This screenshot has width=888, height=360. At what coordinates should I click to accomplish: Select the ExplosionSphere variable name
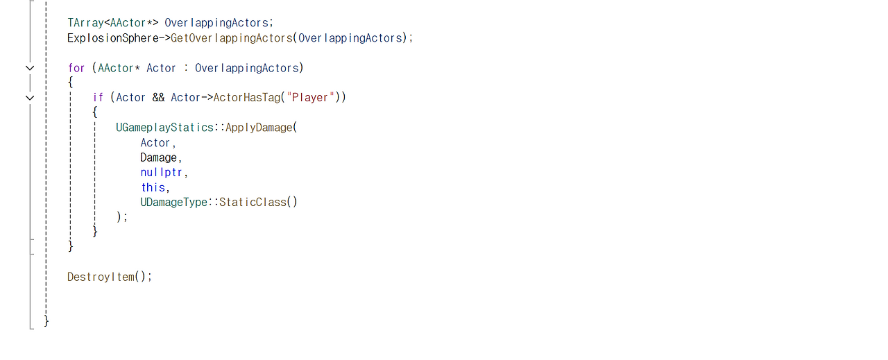[x=113, y=38]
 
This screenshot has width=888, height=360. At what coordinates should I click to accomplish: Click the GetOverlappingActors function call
[x=232, y=38]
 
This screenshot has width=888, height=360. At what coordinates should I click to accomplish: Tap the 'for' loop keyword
[x=76, y=68]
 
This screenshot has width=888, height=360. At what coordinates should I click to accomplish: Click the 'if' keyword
[x=98, y=98]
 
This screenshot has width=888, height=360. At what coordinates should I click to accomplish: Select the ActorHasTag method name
[x=246, y=98]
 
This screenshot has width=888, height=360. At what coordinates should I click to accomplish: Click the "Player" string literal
[x=311, y=98]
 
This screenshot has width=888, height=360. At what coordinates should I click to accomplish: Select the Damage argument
[x=159, y=157]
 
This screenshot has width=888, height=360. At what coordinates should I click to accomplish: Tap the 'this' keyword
[x=153, y=187]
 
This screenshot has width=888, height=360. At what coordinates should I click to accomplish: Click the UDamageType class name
[x=174, y=203]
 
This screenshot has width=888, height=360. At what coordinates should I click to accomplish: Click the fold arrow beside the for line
[x=29, y=68]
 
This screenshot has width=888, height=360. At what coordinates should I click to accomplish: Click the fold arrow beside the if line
[x=29, y=98]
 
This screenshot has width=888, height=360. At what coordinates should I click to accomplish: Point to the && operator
[x=158, y=98]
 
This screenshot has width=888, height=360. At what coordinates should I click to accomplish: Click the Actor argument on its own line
[x=155, y=143]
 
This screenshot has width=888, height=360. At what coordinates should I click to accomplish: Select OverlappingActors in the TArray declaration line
[x=216, y=23]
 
